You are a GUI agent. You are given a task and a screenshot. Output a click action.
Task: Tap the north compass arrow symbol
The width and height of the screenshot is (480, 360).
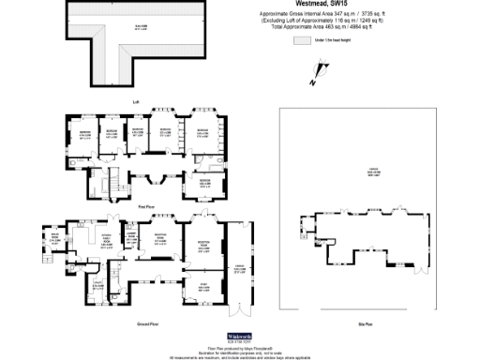(323, 67)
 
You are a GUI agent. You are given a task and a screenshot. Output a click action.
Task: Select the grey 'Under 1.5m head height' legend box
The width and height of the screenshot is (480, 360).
(302, 41)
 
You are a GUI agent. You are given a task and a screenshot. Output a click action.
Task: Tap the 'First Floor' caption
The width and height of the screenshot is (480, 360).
(145, 204)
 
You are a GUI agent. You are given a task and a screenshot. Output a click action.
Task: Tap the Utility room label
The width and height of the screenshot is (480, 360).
(98, 288)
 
